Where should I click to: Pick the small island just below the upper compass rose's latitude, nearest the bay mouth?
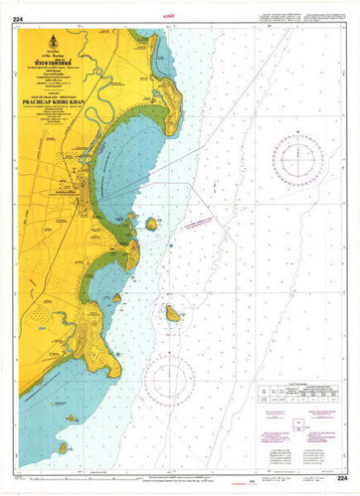pyautogui.click(x=151, y=224)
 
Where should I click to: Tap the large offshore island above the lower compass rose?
pyautogui.click(x=172, y=314)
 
